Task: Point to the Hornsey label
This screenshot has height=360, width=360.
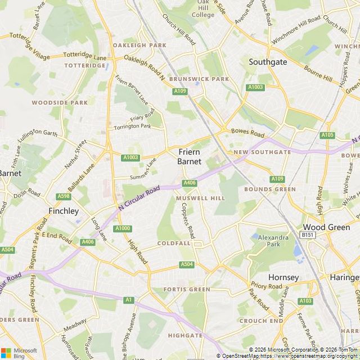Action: click(283, 277)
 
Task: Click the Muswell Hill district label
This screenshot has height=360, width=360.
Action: click(200, 199)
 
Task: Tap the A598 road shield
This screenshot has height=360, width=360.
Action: click(64, 196)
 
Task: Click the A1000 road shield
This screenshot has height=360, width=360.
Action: click(122, 228)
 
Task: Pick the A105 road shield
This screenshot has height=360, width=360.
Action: click(327, 136)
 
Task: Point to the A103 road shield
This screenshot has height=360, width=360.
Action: click(305, 301)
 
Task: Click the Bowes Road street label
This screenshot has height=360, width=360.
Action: click(247, 133)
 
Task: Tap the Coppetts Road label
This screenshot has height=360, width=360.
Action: click(187, 220)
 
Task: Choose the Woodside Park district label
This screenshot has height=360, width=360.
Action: click(60, 103)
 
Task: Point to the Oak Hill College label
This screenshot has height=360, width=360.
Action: click(202, 9)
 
